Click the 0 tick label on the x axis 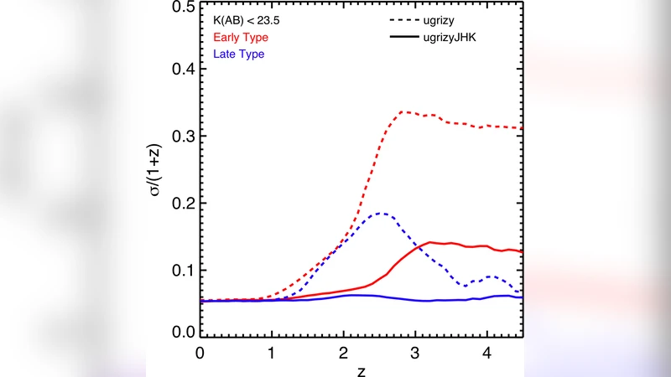point(200,353)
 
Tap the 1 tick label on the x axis point(272,353)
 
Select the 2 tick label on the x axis point(344,353)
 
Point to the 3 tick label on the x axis point(416,353)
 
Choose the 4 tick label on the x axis point(488,353)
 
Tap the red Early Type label point(241,38)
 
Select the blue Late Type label point(239,54)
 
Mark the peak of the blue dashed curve point(381,214)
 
